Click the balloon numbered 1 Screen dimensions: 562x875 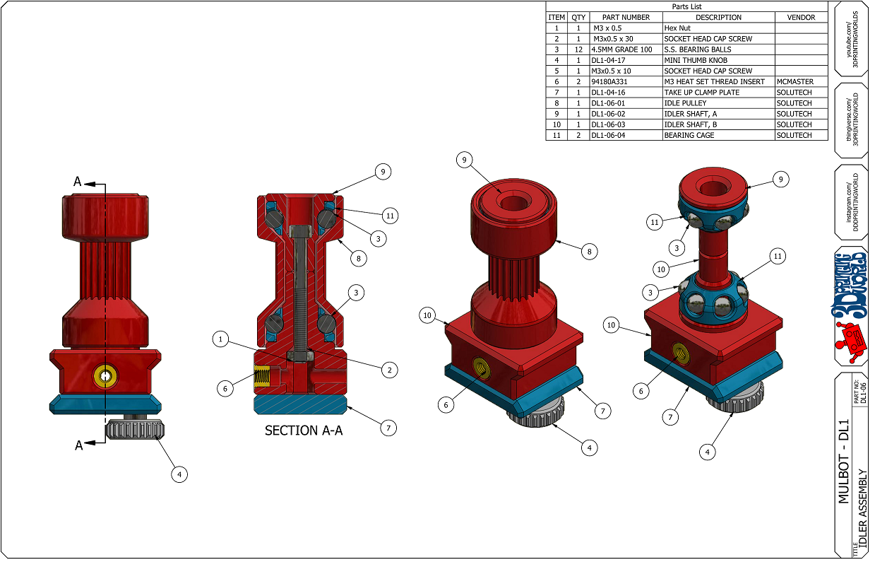(x=221, y=340)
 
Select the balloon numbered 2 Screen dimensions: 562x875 (x=387, y=369)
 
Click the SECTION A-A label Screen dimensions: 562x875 (x=303, y=430)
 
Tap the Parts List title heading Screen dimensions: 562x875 (x=686, y=6)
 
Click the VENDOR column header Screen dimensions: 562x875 (x=800, y=18)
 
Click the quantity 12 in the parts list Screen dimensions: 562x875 (x=578, y=49)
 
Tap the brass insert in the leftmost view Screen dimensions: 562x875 (x=105, y=376)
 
